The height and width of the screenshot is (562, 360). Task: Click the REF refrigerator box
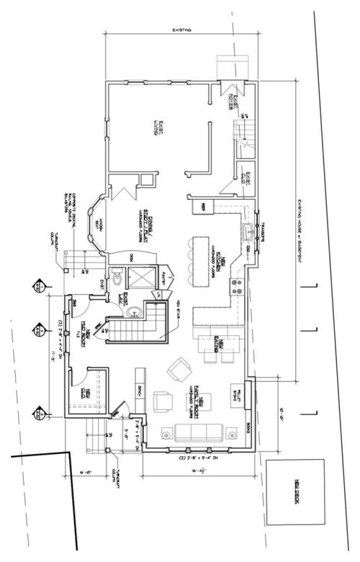(x=202, y=207)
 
